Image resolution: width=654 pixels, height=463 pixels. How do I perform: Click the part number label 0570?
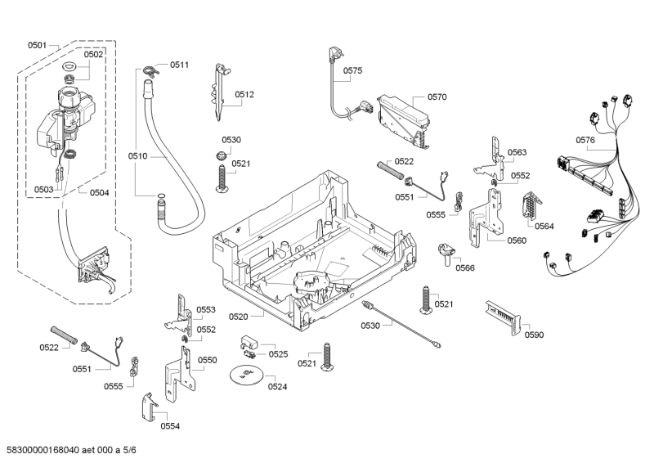[x=437, y=97]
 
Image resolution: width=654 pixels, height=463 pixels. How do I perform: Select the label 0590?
[x=534, y=335]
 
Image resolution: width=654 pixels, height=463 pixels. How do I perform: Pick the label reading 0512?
[x=244, y=95]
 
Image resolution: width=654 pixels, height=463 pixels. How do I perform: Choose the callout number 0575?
[x=352, y=71]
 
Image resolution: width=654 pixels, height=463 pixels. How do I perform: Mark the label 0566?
[x=465, y=267]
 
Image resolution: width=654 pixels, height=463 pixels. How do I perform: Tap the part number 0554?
[x=170, y=426]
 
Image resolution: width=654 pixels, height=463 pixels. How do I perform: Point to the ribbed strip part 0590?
[x=500, y=314]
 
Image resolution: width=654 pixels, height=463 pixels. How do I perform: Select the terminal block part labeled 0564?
[x=529, y=209]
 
